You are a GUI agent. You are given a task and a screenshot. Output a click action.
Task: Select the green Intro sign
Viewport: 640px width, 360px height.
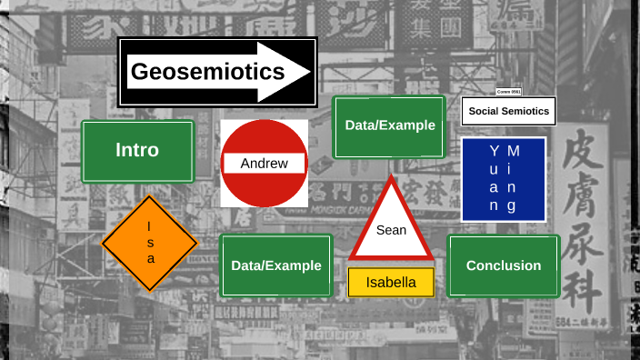(x=137, y=151)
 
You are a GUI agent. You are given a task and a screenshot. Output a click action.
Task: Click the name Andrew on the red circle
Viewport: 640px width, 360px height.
(x=265, y=164)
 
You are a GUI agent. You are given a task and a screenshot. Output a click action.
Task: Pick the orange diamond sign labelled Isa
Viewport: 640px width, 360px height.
(x=149, y=243)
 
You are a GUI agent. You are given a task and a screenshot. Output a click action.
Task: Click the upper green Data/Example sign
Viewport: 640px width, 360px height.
(x=389, y=126)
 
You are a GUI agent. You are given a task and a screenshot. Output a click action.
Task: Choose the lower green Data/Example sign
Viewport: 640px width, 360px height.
(x=275, y=265)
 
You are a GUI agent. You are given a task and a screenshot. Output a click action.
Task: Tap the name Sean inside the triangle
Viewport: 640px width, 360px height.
(x=392, y=230)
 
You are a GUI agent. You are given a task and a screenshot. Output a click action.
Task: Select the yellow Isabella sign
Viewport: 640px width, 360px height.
(x=391, y=282)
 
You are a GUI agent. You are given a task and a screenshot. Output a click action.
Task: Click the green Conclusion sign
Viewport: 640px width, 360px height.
(x=503, y=265)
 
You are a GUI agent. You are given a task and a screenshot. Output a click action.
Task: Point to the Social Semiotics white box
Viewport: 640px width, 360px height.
(x=508, y=111)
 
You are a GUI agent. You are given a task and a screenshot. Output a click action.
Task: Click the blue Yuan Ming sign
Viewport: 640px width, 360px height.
(x=503, y=179)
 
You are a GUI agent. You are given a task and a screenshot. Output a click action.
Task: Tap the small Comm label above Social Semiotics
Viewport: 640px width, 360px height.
(x=509, y=92)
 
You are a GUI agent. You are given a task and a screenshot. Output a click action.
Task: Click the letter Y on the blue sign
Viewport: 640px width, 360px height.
(x=494, y=149)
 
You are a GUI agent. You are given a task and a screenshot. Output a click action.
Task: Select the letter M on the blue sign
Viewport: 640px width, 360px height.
(x=513, y=149)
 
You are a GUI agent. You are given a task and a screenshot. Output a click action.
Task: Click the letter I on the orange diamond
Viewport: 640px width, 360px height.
(x=151, y=226)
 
